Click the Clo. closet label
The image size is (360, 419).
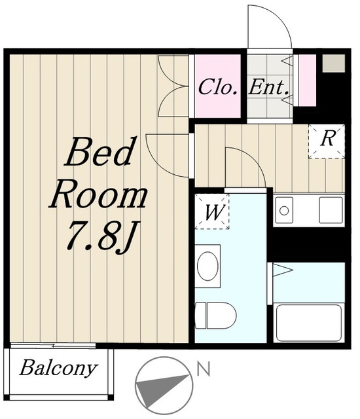218,87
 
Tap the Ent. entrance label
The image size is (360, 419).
268,87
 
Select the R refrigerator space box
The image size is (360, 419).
327,141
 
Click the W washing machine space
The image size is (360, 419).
212,211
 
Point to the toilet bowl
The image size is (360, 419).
216,316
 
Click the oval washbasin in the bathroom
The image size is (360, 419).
207,266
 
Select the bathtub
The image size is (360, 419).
309,323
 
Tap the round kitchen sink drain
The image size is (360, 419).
284,211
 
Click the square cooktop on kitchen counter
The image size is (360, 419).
331,210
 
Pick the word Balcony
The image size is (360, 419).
58,368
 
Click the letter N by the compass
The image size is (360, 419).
204,369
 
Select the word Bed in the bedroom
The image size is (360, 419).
99,152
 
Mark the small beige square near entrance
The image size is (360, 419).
334,63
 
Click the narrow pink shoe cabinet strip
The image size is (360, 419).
308,81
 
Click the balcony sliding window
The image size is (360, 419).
53,346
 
